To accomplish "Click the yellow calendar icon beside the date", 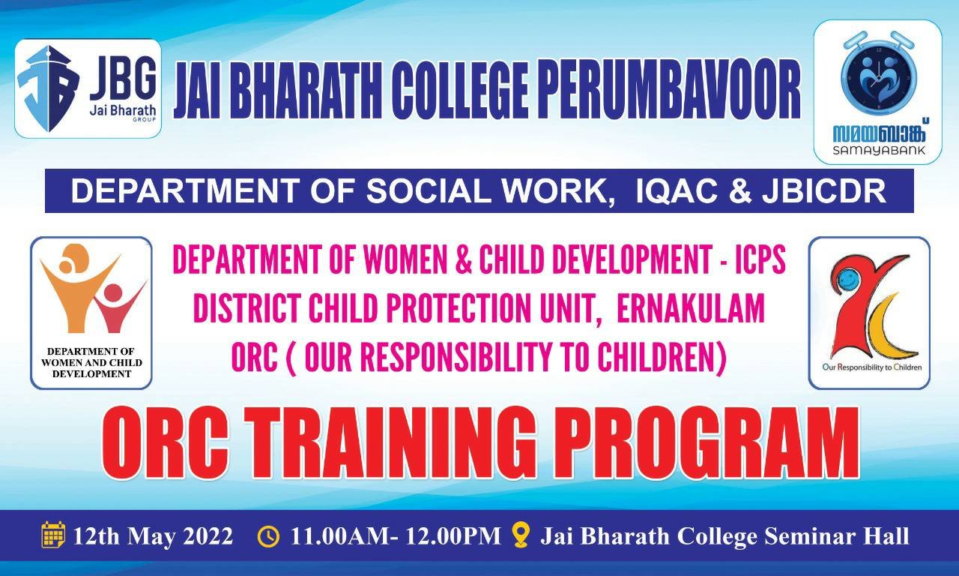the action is click(x=53, y=535).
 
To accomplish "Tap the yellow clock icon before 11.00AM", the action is click(x=268, y=536).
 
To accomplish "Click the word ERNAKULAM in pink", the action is click(x=690, y=308).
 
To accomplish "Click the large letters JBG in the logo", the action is click(x=122, y=80).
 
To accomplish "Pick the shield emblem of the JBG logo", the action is click(x=48, y=88).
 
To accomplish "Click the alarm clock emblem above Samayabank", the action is click(x=877, y=75).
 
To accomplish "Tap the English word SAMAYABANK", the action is click(x=879, y=150).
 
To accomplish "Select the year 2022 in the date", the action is click(x=208, y=536).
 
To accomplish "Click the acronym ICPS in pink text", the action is click(x=760, y=260).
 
